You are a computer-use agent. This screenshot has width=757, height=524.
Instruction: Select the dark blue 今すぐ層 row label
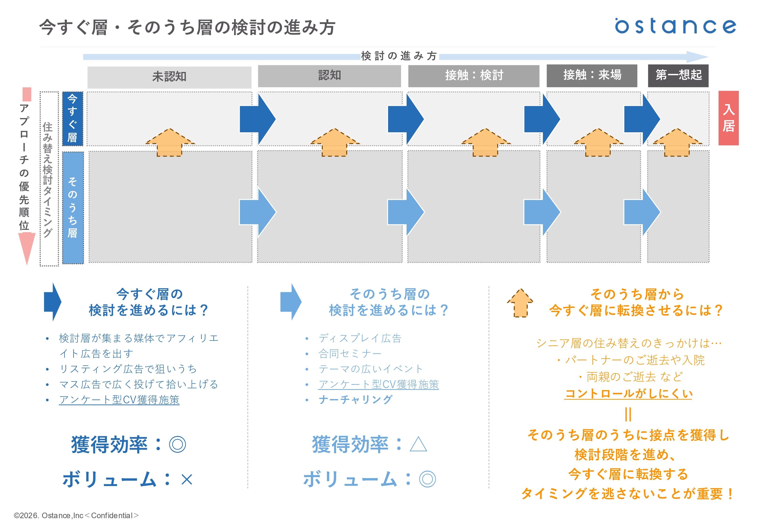coord(72,119)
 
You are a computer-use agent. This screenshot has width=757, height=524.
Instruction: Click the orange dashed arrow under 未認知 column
coord(170,142)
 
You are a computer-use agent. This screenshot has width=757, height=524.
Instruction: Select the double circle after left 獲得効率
coord(177,445)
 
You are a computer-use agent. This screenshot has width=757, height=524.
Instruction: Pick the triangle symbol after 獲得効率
coord(418,445)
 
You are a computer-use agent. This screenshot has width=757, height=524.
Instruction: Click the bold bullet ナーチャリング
coord(355,400)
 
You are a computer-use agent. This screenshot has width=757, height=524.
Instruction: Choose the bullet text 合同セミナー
coord(350,354)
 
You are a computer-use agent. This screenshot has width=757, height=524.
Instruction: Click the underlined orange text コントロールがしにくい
coord(628,393)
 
